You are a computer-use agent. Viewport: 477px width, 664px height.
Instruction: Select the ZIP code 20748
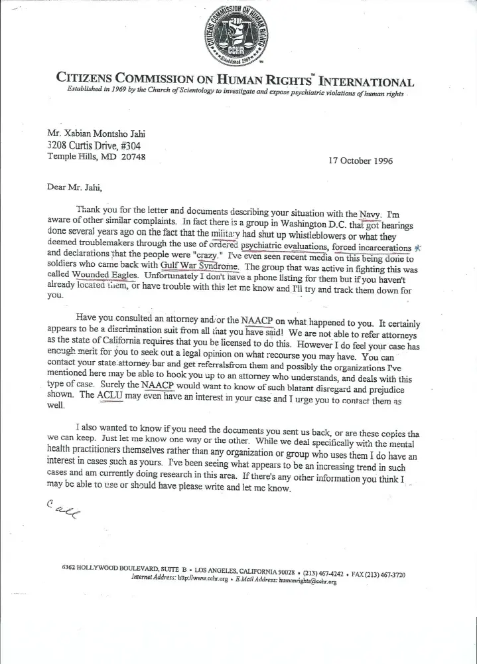(x=131, y=157)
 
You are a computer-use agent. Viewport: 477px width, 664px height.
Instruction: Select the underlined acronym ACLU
(x=111, y=394)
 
